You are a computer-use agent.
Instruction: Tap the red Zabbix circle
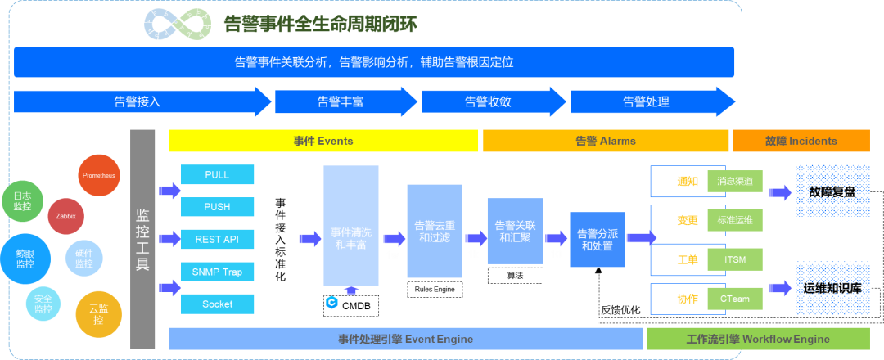[66, 216]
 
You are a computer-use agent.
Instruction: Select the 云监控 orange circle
[98, 314]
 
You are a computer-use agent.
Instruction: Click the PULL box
[217, 175]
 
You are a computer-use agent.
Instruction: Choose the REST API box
[217, 239]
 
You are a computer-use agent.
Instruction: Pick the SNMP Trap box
[217, 272]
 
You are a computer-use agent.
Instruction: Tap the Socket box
[217, 304]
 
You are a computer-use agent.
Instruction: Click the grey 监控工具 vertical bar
[142, 239]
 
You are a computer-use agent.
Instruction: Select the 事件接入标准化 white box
[280, 239]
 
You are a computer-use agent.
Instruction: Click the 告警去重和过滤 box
[435, 231]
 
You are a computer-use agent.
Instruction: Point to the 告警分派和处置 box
[598, 239]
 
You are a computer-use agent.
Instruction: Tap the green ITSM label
[734, 260]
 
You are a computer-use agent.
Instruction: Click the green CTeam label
[734, 299]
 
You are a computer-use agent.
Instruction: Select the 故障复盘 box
[832, 191]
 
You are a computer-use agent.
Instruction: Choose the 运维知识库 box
[832, 288]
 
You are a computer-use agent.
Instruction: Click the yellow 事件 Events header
[323, 141]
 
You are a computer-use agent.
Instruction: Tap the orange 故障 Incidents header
[801, 141]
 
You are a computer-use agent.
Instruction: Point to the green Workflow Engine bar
[757, 339]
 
